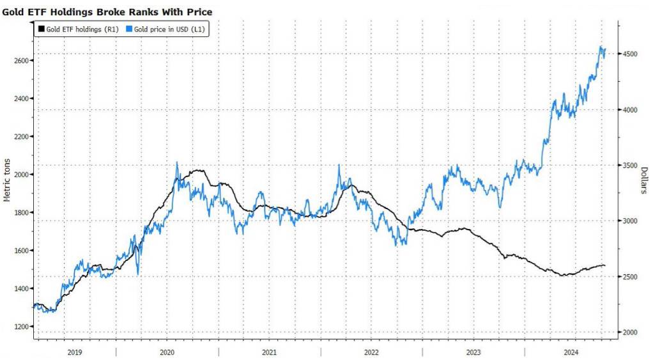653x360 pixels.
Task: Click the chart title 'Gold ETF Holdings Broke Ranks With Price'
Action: pos(107,12)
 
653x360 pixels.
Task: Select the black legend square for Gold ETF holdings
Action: pos(42,29)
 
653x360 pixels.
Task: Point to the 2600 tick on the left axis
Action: pos(23,60)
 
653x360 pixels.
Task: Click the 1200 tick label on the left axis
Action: pos(23,327)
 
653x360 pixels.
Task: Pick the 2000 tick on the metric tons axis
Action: pos(23,175)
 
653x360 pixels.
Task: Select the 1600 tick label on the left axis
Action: pos(23,251)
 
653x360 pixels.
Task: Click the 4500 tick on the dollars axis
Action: pos(631,54)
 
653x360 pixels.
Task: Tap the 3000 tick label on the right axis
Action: pos(631,221)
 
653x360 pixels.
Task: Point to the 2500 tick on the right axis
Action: pos(631,277)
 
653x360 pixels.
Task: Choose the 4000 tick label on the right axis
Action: pos(631,110)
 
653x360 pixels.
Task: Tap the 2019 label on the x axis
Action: pos(74,352)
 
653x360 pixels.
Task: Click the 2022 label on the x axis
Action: pos(371,352)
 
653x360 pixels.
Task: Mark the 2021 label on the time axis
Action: pos(269,352)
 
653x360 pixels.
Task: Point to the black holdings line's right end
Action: pos(604,265)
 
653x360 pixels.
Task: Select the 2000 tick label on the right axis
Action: pos(631,333)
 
